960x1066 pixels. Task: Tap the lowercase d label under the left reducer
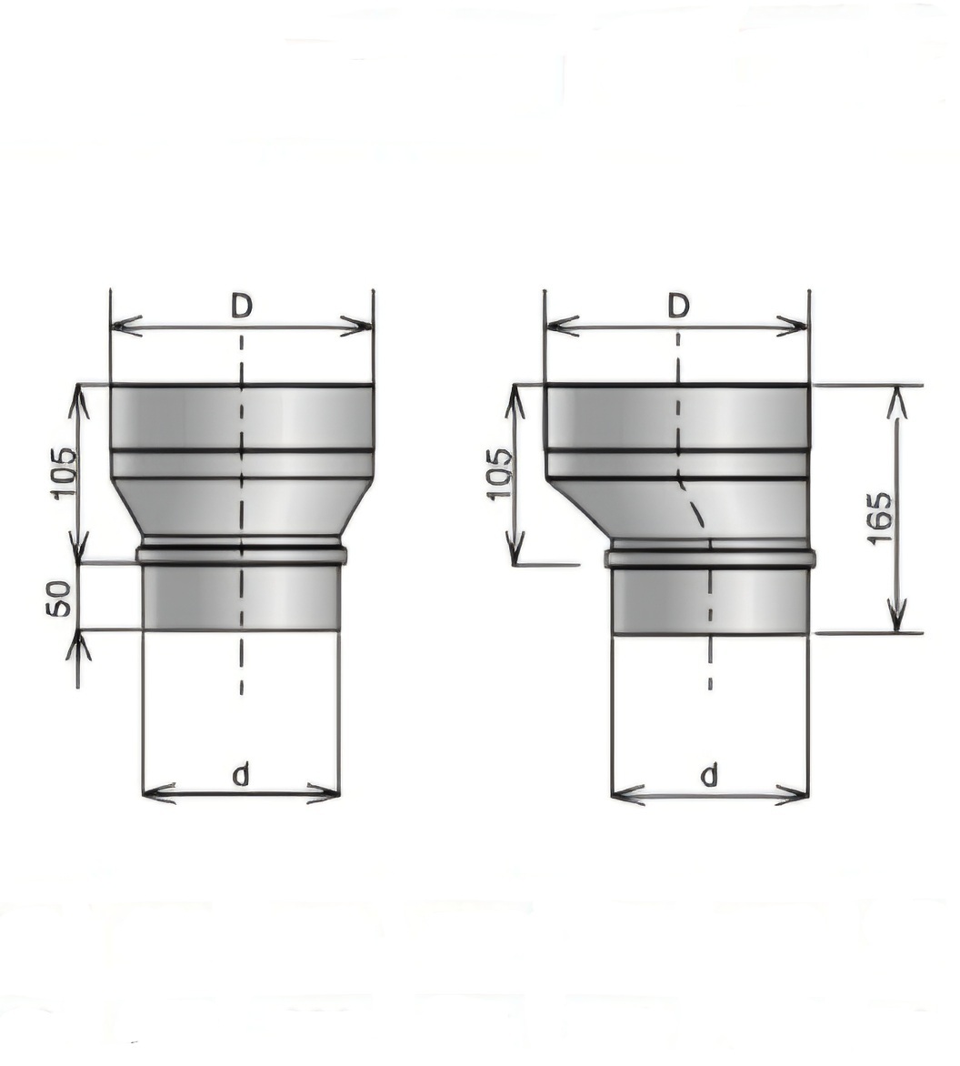click(241, 774)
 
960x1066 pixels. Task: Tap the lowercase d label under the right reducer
click(710, 774)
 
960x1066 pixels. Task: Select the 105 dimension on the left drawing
click(65, 474)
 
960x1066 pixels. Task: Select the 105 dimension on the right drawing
click(500, 474)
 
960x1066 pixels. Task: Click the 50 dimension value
click(60, 598)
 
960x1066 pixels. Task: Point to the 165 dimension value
click(880, 518)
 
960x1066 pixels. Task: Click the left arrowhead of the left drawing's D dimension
click(126, 327)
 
